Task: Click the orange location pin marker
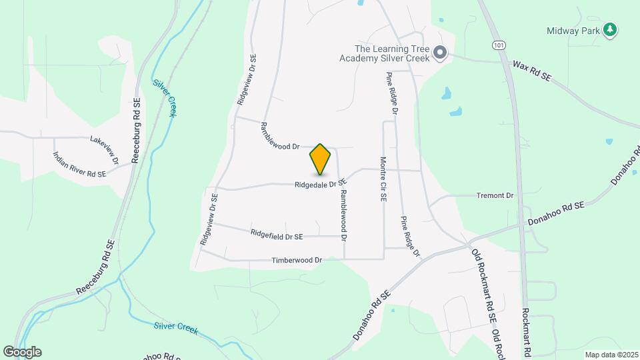[321, 159]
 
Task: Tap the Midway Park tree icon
[609, 30]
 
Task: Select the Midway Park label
[572, 31]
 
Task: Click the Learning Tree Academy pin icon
[440, 53]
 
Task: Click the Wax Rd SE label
[532, 71]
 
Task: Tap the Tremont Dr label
[495, 196]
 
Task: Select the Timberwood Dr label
[297, 260]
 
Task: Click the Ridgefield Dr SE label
[277, 235]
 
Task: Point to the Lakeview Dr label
[105, 146]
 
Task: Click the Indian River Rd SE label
[79, 165]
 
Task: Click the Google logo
[22, 351]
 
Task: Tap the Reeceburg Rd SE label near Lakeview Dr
[137, 131]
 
